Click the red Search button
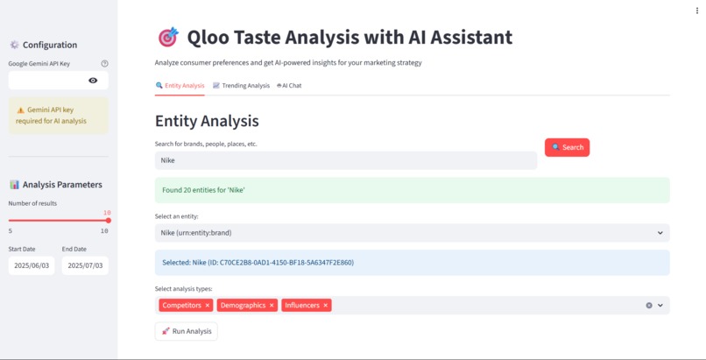click(567, 147)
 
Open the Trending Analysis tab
click(241, 86)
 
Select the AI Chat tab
click(289, 86)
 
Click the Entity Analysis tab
click(180, 86)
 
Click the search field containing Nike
click(345, 160)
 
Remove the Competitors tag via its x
click(208, 306)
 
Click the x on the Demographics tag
click(272, 306)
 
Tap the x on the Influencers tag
click(326, 306)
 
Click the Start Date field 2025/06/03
click(32, 265)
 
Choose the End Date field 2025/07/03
click(85, 265)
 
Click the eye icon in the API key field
click(94, 81)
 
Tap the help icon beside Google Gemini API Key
click(104, 63)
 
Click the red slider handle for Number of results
click(108, 221)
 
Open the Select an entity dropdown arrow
click(660, 233)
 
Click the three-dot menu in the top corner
click(696, 11)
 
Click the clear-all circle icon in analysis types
click(649, 306)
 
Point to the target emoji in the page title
click(167, 37)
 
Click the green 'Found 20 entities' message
click(412, 190)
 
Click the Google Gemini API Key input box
click(48, 81)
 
